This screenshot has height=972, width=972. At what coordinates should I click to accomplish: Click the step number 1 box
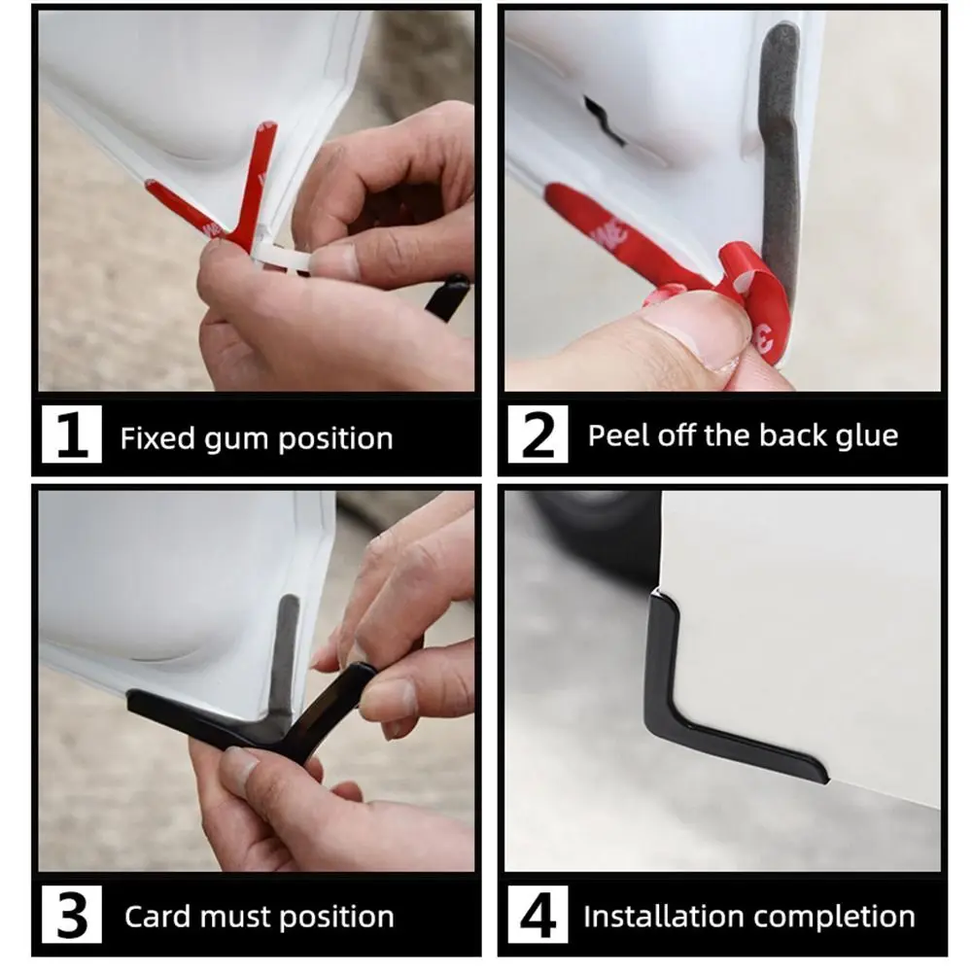point(71,437)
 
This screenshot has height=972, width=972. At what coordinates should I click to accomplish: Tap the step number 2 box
point(538,437)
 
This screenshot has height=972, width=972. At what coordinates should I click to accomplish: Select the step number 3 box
point(71,916)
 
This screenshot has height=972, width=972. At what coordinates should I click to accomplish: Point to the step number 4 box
point(538,916)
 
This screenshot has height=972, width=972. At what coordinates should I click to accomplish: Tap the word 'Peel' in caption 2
point(616,435)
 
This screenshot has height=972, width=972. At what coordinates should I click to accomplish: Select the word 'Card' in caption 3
point(156,917)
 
